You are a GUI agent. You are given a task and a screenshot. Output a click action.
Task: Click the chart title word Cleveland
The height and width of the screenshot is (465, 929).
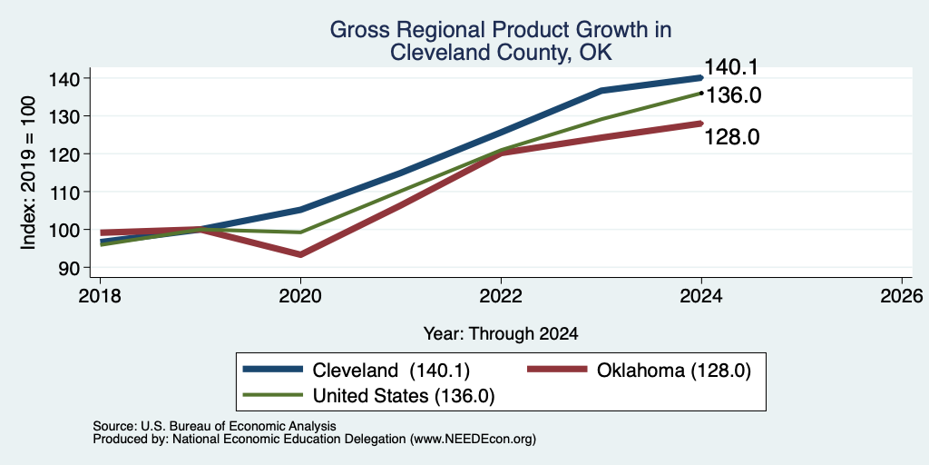(431, 52)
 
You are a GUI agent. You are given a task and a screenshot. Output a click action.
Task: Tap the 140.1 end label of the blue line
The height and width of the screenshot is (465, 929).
(731, 67)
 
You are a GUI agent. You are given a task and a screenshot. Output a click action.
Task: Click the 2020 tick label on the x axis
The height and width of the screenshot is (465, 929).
(300, 295)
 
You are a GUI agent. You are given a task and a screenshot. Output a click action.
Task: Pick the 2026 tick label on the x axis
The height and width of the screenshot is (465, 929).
(902, 295)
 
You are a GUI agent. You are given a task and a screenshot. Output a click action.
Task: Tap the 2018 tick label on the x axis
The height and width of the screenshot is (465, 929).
(100, 295)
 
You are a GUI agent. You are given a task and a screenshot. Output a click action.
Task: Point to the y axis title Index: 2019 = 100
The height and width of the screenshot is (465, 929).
(29, 173)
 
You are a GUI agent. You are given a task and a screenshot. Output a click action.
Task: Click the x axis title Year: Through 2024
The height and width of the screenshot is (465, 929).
(501, 334)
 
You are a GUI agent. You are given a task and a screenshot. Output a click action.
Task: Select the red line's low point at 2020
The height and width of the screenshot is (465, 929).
(300, 254)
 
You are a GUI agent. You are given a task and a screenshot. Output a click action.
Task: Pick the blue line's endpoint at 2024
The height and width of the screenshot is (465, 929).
(701, 78)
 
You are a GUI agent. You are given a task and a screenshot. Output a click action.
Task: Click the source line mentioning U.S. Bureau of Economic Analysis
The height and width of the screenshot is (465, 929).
(214, 426)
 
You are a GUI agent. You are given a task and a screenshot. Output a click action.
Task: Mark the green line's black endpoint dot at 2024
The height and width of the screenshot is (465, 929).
(701, 94)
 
